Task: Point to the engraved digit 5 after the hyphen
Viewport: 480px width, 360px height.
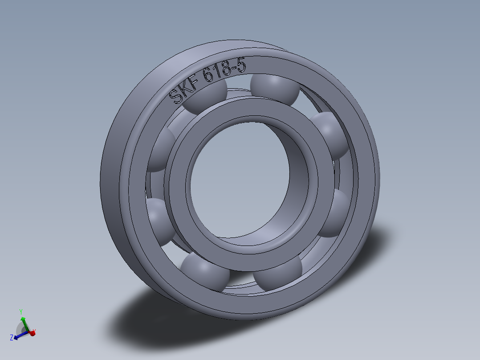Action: (x=240, y=65)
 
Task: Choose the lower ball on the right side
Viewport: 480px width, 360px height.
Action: (x=334, y=213)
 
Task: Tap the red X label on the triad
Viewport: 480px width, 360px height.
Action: (x=34, y=332)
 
